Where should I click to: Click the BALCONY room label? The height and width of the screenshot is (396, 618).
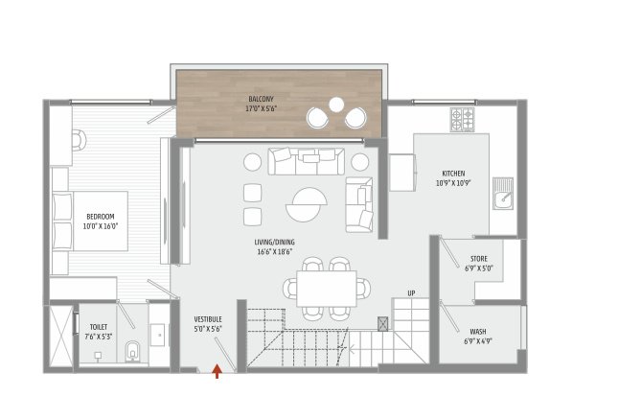(261, 98)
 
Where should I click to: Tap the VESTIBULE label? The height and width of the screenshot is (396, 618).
(208, 318)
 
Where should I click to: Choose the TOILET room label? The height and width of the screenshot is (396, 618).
(99, 326)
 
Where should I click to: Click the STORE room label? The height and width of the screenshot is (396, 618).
(478, 259)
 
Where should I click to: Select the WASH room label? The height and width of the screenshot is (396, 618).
(477, 331)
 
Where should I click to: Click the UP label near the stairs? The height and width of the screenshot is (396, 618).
(411, 292)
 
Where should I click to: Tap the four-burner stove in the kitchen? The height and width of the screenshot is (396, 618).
(464, 119)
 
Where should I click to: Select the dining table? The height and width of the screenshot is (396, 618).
(326, 288)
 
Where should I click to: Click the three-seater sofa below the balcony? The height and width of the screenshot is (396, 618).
(307, 160)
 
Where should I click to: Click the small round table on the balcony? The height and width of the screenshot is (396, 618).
(336, 105)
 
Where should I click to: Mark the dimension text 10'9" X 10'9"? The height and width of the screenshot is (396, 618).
(454, 182)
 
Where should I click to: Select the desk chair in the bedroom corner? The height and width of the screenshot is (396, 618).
(78, 140)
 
